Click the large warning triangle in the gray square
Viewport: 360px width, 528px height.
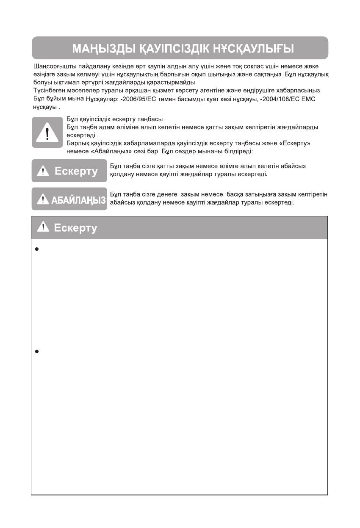point(47,132)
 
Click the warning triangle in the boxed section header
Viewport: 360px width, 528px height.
point(44,227)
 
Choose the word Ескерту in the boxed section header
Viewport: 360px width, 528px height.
point(76,228)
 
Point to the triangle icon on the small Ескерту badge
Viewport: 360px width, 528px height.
point(44,171)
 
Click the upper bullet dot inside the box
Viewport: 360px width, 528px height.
point(37,249)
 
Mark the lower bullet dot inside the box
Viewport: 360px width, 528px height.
point(37,351)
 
